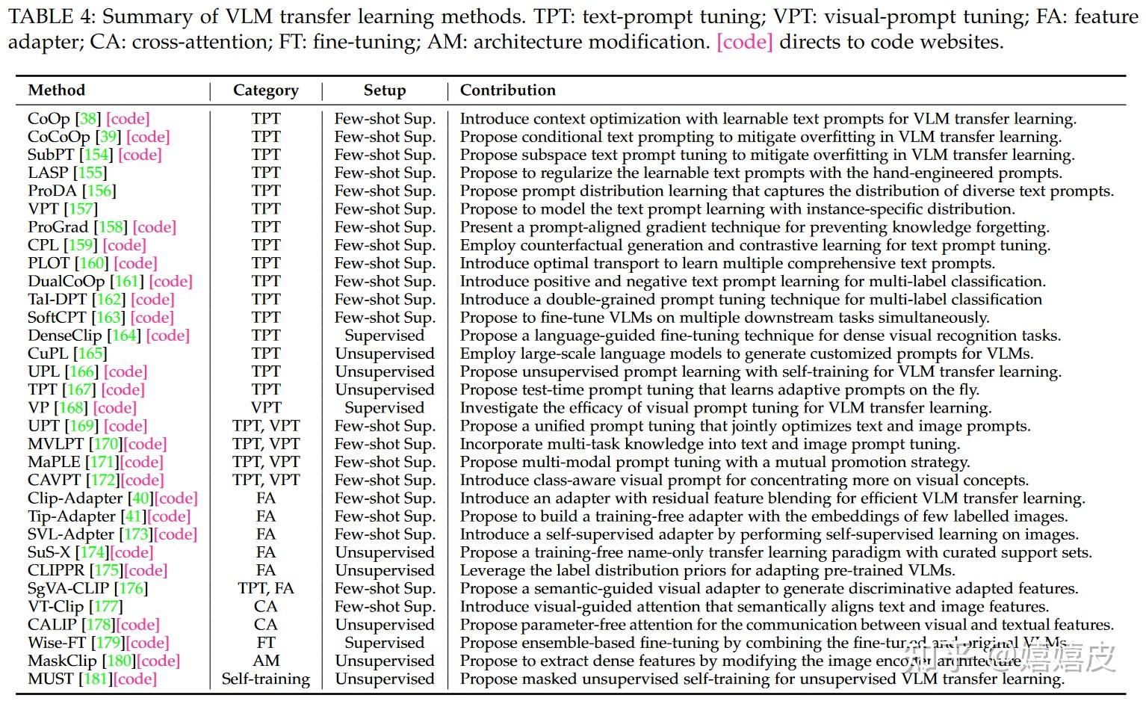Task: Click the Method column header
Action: [57, 90]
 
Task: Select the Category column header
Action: [265, 90]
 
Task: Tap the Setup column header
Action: [384, 90]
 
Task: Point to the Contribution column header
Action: [507, 90]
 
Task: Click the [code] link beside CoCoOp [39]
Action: [148, 137]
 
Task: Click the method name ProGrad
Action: [58, 227]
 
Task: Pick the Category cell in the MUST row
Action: [265, 679]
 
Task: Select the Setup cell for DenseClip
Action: [384, 336]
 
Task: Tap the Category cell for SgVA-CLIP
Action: [265, 589]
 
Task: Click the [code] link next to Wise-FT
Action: [147, 643]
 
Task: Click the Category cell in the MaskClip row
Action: [265, 661]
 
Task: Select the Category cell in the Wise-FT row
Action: [265, 643]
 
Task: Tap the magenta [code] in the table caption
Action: [744, 42]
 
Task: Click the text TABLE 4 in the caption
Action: [49, 16]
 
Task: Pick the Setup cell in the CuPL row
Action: [384, 353]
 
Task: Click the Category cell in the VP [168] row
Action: [265, 408]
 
